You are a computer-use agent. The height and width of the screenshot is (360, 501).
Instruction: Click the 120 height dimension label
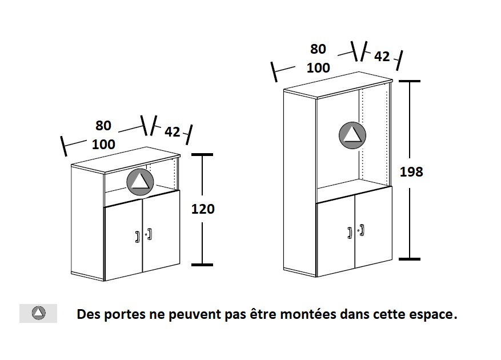(x=203, y=209)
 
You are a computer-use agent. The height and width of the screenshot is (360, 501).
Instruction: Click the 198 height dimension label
(x=411, y=172)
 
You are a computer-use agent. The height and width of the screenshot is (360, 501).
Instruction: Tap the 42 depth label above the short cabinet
(x=173, y=132)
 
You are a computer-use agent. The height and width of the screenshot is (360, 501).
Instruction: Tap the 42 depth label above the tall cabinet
(x=382, y=57)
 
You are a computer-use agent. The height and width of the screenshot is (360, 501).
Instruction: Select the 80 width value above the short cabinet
(x=103, y=126)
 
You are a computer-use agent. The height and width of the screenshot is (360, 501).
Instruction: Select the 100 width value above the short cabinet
(x=103, y=145)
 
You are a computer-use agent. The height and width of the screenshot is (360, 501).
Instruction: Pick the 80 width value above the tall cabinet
(x=318, y=49)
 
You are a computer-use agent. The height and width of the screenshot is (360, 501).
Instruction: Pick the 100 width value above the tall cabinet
(x=318, y=68)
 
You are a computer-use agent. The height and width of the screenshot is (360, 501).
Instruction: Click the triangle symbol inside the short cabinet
(x=140, y=182)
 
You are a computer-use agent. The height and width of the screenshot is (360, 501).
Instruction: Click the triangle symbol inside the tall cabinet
(x=352, y=135)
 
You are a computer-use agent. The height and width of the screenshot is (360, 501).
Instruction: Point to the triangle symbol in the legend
(x=39, y=313)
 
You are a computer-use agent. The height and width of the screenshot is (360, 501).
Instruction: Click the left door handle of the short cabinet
(x=138, y=237)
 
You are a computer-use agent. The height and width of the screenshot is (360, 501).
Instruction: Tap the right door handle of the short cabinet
(x=150, y=234)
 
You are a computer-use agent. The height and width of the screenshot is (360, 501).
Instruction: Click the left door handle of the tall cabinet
(x=350, y=233)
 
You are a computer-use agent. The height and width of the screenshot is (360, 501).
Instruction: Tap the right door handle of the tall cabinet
(x=362, y=230)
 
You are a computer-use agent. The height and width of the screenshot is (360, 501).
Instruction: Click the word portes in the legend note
(x=125, y=315)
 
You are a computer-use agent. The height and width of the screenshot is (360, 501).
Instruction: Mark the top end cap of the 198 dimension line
(x=409, y=81)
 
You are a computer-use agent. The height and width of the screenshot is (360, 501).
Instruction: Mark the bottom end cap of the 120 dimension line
(x=202, y=265)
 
